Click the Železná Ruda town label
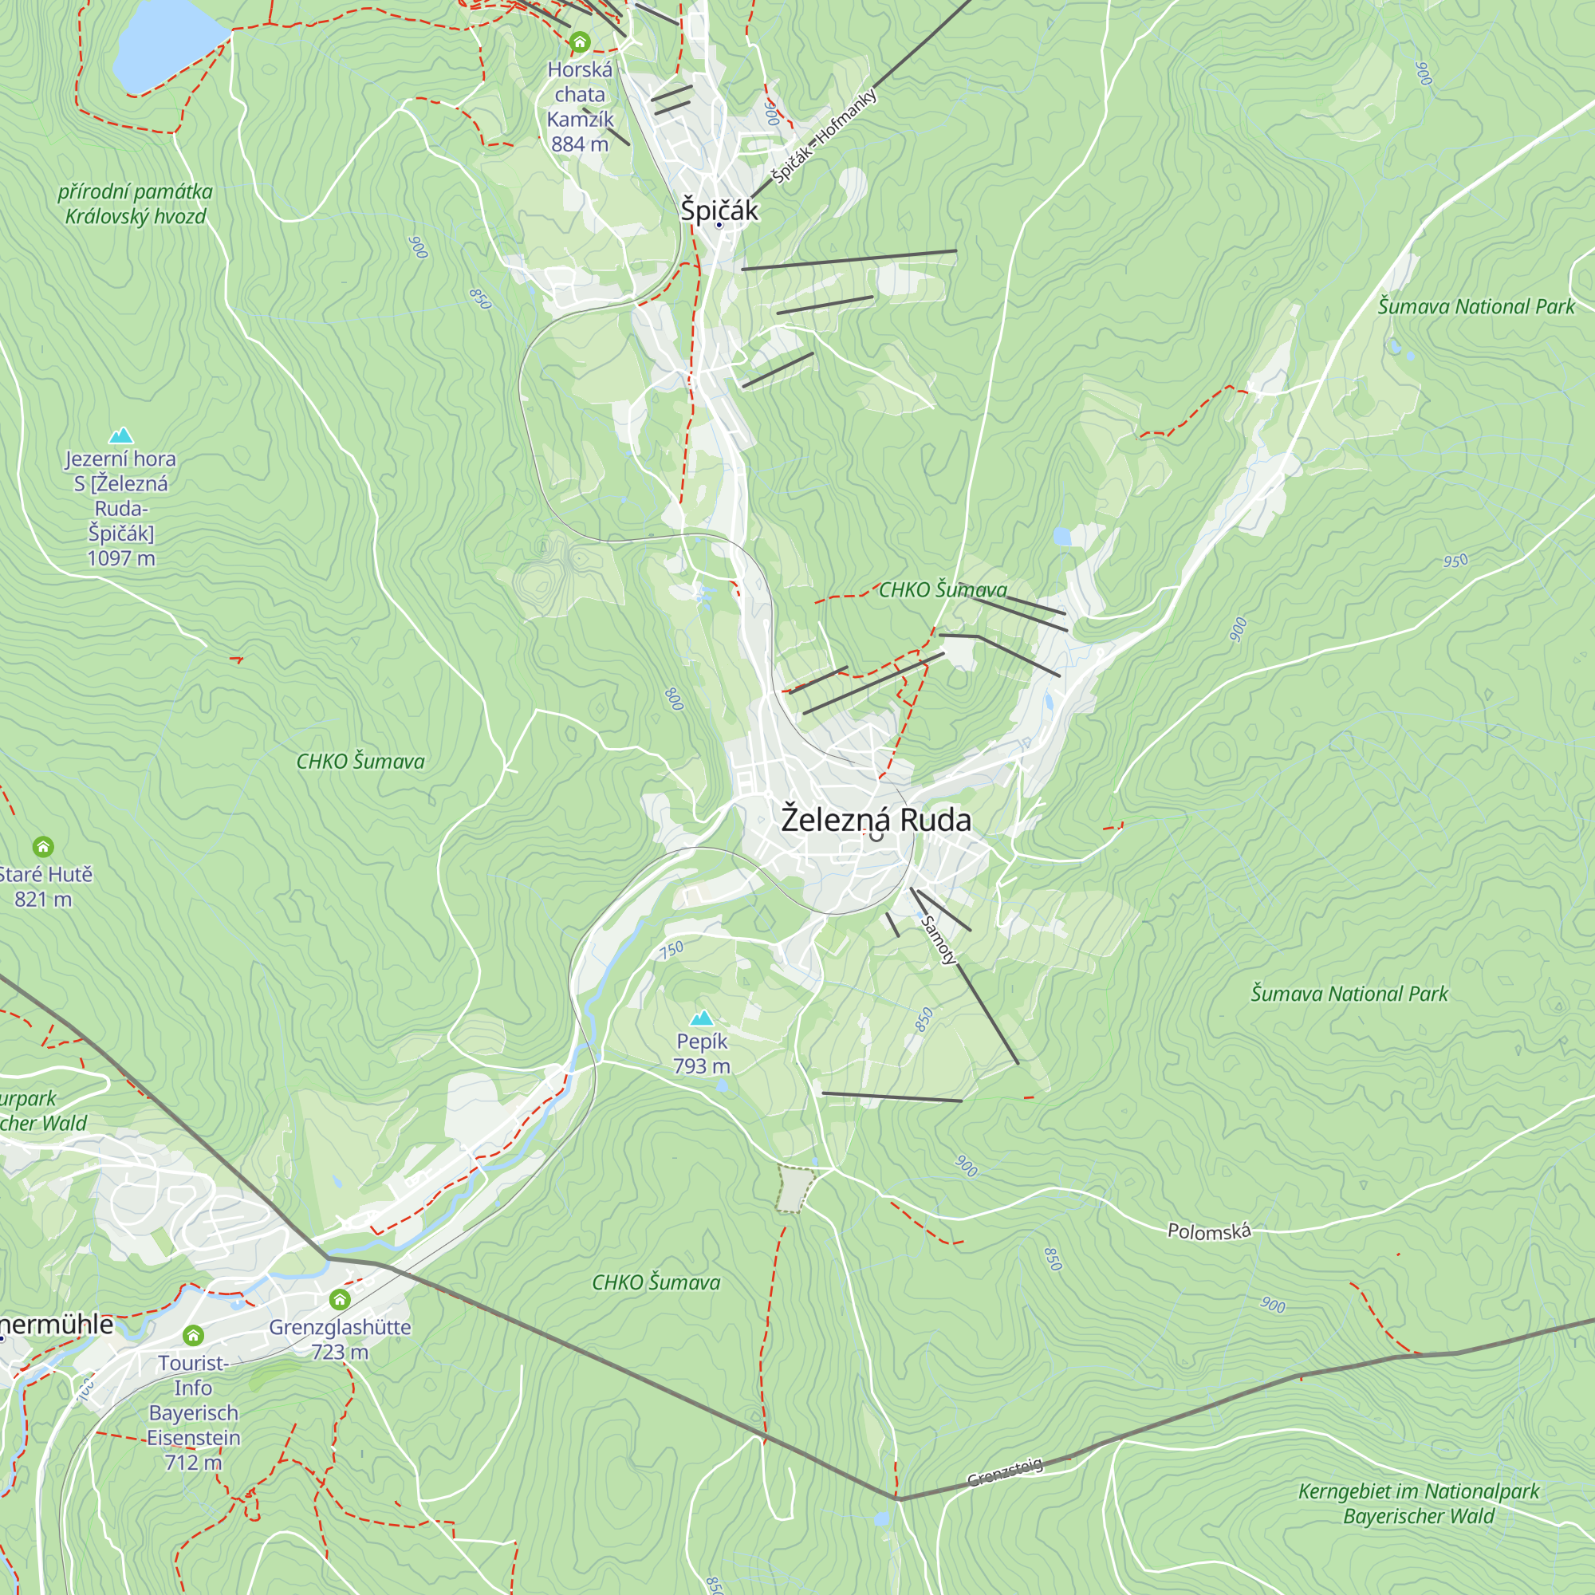tap(876, 820)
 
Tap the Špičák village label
tap(719, 210)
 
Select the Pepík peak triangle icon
tap(702, 1017)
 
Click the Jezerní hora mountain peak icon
tap(121, 435)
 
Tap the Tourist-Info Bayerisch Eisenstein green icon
tap(193, 1335)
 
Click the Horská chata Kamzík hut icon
tap(581, 41)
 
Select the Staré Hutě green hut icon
tap(43, 846)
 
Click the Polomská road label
tap(1209, 1232)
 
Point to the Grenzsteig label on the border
tap(1005, 1473)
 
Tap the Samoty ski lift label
tap(939, 939)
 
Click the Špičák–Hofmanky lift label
tap(823, 136)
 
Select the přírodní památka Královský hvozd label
tap(136, 204)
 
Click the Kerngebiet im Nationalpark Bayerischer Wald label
tap(1418, 1503)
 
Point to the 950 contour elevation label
tap(1455, 561)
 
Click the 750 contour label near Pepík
tap(671, 951)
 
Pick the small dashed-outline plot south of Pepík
tap(795, 1190)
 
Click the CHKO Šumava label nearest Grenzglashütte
tap(656, 1282)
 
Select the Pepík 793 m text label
tap(702, 1054)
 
